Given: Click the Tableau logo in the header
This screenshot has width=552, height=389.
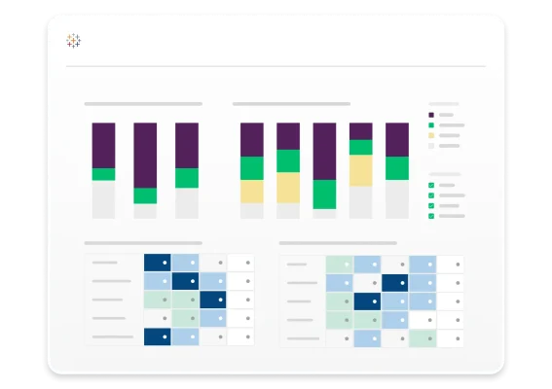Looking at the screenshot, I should [74, 41].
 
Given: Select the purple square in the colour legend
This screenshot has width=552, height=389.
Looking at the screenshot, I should [431, 114].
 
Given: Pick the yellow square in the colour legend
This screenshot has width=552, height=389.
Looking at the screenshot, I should [431, 135].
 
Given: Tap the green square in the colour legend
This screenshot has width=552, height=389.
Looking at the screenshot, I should [431, 124].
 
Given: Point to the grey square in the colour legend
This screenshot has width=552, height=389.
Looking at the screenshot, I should [431, 146].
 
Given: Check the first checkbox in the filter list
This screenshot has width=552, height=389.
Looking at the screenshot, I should [431, 185].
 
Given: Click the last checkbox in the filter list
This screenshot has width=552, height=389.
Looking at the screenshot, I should [431, 216].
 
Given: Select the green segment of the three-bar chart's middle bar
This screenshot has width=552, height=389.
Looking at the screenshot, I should [145, 195].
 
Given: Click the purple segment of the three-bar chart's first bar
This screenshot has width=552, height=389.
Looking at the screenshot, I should [103, 145].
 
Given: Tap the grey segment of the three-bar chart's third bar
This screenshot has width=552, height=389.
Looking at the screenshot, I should [186, 202].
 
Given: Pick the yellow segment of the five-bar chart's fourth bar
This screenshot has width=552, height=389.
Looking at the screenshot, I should [360, 171].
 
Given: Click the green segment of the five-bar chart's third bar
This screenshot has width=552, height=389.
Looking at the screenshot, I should [324, 194].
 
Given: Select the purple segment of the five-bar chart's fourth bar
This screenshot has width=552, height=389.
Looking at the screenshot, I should [360, 131].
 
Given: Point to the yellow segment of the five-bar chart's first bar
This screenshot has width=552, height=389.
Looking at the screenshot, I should [251, 192].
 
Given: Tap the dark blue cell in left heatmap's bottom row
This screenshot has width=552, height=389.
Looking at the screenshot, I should [158, 336].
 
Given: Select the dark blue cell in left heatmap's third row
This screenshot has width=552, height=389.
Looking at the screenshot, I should [212, 300].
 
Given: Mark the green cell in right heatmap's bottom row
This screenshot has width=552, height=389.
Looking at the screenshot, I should [422, 338].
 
